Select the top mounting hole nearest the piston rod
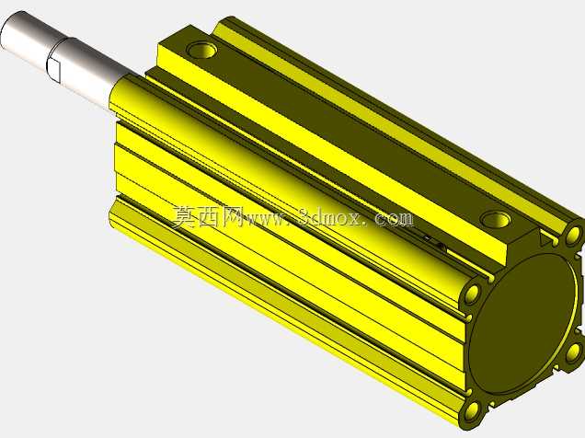tap(201, 50)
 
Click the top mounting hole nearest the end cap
tap(495, 219)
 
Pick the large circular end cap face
tap(523, 325)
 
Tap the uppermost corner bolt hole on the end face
tap(573, 235)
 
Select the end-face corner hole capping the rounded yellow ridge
tap(473, 292)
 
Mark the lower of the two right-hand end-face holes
tap(573, 353)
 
